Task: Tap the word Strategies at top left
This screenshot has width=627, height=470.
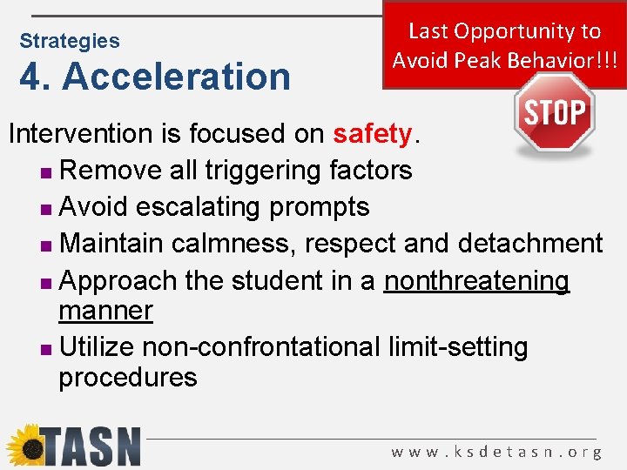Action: point(70,41)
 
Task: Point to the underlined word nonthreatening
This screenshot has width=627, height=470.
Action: point(477,281)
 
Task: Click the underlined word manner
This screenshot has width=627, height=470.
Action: point(105,311)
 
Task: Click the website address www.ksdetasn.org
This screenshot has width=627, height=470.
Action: point(496,452)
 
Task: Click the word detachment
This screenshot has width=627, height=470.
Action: point(530,243)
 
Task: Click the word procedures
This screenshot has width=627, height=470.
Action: point(128,378)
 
